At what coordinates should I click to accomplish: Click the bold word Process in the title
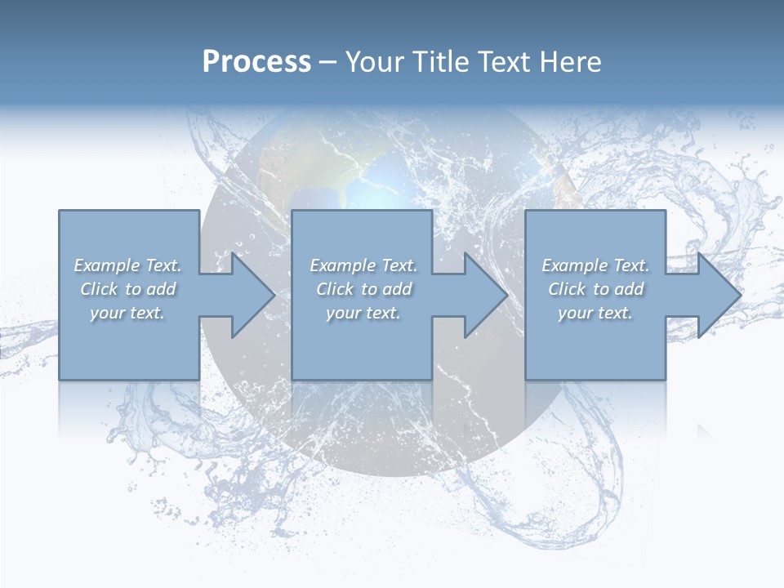pyautogui.click(x=256, y=62)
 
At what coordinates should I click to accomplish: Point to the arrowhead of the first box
pyautogui.click(x=249, y=295)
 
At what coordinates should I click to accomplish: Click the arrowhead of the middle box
pyautogui.click(x=482, y=295)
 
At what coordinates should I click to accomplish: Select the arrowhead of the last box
pyautogui.click(x=715, y=295)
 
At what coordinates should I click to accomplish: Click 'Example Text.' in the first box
pyautogui.click(x=127, y=265)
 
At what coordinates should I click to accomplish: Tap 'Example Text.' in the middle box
pyautogui.click(x=363, y=265)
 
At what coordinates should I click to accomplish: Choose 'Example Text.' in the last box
pyautogui.click(x=595, y=265)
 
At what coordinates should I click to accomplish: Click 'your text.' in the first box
pyautogui.click(x=127, y=313)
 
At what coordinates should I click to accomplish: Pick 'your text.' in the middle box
pyautogui.click(x=363, y=313)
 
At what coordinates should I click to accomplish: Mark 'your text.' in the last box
pyautogui.click(x=595, y=313)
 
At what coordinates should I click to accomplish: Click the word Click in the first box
pyautogui.click(x=99, y=289)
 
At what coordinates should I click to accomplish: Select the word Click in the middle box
pyautogui.click(x=335, y=289)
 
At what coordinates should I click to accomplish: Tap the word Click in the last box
pyautogui.click(x=567, y=289)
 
